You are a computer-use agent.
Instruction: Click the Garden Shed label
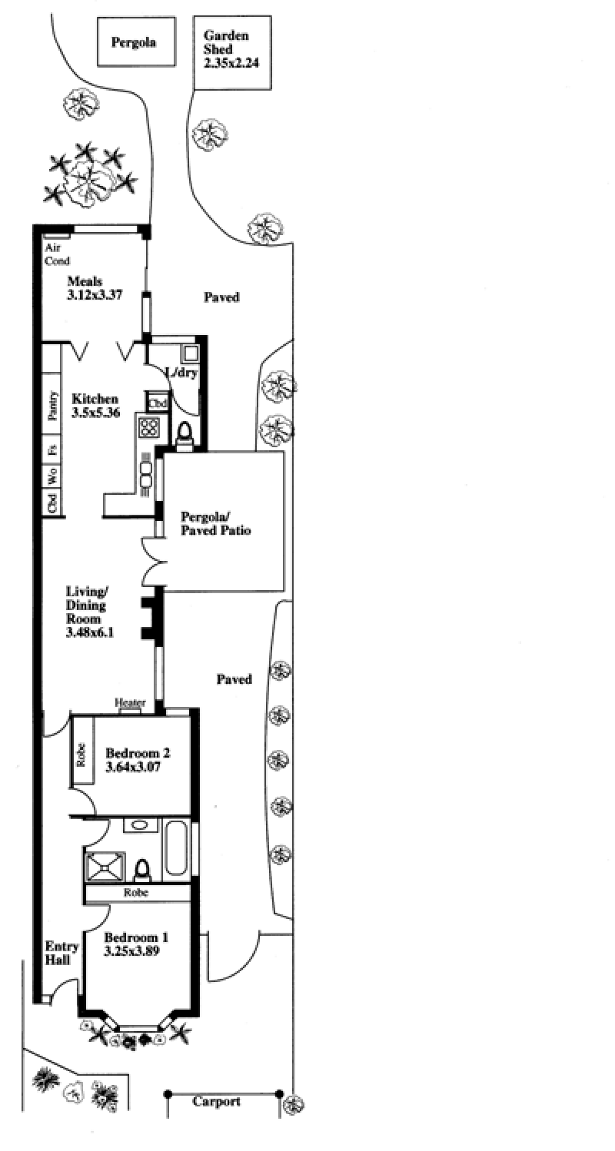(x=226, y=43)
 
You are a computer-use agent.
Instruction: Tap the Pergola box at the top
(x=136, y=41)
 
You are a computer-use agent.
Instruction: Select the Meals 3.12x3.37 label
(x=95, y=288)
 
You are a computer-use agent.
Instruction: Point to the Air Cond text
(x=57, y=254)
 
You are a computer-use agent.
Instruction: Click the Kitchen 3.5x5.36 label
(x=96, y=406)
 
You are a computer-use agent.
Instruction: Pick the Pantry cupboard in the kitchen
(x=52, y=406)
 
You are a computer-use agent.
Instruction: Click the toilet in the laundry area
(x=184, y=438)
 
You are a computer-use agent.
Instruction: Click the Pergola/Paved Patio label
(x=215, y=523)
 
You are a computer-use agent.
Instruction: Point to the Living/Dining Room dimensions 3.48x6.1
(x=89, y=632)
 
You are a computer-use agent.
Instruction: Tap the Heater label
(x=130, y=702)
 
